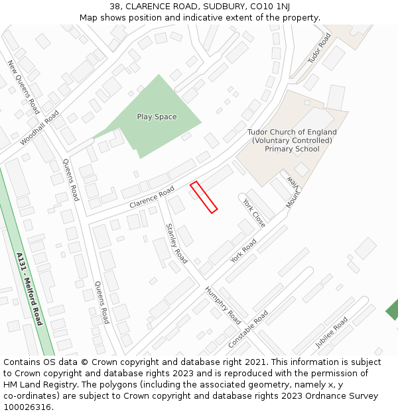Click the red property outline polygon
204,197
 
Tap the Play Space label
157,117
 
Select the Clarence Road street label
151,197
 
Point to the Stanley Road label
176,243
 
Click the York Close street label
254,213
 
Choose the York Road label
243,251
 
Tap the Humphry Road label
223,303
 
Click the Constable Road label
248,329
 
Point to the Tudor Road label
319,48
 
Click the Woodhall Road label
40,128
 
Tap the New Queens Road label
24,87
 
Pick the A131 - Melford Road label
29,288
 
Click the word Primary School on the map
292,149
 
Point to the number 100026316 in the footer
26,407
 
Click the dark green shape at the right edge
392,309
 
